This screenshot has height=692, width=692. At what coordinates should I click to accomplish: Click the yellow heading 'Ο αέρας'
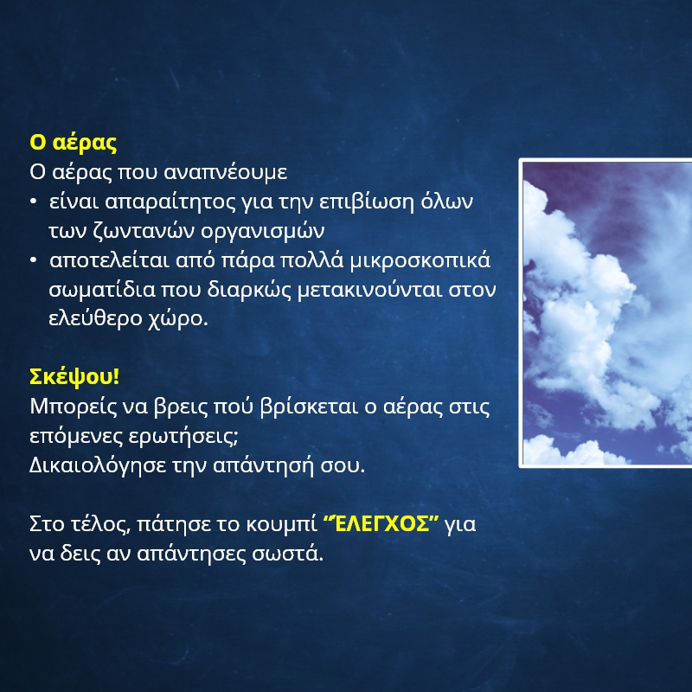[74, 143]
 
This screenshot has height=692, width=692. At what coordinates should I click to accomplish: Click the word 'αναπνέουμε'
[226, 171]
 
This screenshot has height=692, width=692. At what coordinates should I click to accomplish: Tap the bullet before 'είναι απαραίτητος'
[33, 202]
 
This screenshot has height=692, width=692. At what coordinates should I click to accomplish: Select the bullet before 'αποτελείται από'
[33, 260]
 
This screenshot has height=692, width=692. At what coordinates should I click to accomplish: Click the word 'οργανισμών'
[263, 232]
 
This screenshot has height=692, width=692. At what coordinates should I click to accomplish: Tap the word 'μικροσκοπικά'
[420, 260]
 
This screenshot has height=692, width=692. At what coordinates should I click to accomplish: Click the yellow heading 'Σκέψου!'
[74, 377]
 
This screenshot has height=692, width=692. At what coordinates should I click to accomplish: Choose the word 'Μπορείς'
[74, 407]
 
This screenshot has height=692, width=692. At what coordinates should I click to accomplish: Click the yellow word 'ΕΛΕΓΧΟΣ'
[381, 524]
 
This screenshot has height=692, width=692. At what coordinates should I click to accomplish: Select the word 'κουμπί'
[281, 525]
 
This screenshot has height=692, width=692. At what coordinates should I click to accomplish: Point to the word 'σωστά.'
[287, 554]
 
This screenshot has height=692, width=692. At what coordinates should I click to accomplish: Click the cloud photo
[606, 313]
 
